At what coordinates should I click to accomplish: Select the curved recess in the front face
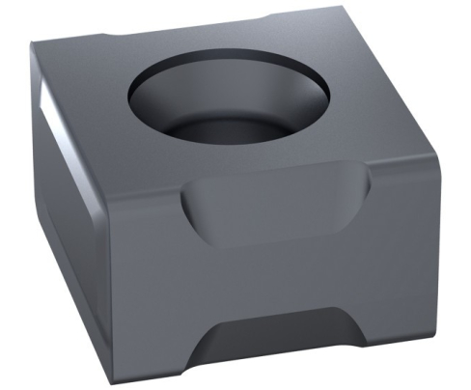275,208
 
